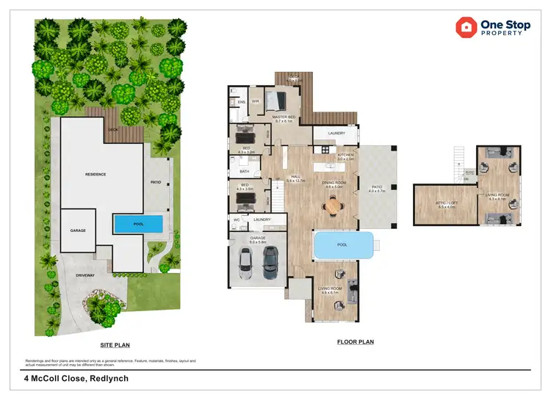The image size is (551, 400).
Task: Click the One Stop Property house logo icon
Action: click(466, 28)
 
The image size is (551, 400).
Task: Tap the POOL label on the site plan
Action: click(138, 224)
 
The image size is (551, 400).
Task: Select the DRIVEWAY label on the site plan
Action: click(85, 275)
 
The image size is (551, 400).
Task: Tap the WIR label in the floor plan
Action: click(256, 101)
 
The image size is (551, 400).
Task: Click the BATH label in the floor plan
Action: click(244, 172)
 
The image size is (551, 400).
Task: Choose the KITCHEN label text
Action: click(345, 155)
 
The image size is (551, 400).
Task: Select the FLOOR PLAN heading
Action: click(356, 342)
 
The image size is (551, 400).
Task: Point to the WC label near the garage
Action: click(237, 219)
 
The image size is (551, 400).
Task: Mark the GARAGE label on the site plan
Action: click(78, 230)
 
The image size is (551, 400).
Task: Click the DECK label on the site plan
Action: click(112, 130)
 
